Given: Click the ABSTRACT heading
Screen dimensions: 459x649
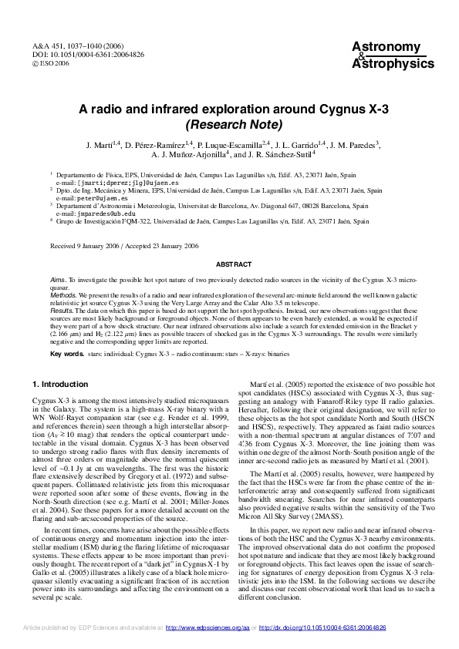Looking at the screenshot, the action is [x=228, y=264].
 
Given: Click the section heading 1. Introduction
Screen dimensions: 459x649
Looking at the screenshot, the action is [x=60, y=384].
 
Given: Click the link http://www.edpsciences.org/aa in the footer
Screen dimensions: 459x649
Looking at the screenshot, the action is [x=208, y=628].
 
